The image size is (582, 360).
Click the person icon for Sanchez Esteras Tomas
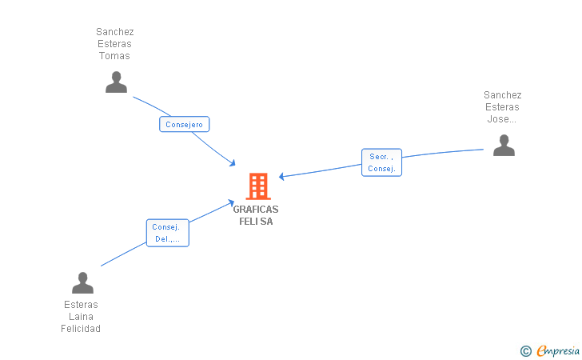click(116, 82)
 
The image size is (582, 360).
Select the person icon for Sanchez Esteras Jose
click(503, 146)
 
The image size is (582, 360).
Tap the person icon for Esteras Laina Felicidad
click(82, 282)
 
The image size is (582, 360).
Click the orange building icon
click(257, 186)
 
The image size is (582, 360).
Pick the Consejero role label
click(185, 124)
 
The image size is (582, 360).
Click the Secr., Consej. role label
click(381, 162)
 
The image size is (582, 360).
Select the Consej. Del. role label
click(168, 233)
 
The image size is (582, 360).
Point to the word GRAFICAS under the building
click(256, 209)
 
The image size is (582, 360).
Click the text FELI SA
click(256, 222)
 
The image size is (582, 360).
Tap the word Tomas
click(114, 56)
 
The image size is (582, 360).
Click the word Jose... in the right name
click(502, 120)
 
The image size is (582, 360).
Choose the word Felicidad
click(81, 329)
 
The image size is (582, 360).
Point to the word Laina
click(82, 317)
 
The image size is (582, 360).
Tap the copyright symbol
click(525, 350)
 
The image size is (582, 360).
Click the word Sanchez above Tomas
click(114, 32)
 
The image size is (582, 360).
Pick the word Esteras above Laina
click(81, 305)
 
